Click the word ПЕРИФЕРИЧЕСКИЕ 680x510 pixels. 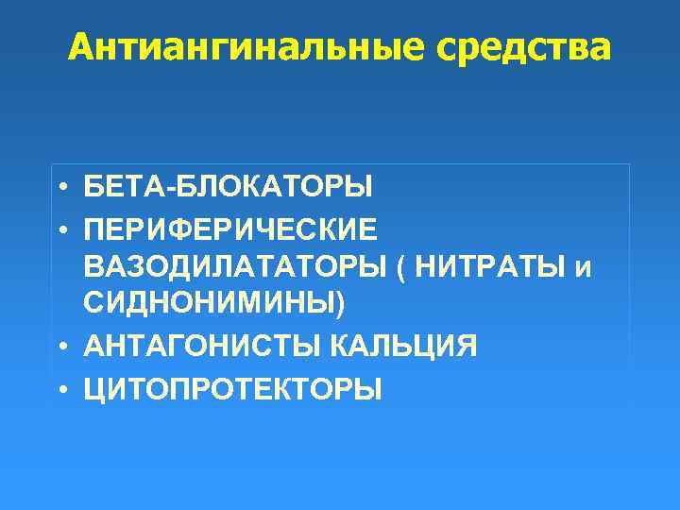coord(229,228)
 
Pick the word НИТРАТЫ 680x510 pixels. coord(490,266)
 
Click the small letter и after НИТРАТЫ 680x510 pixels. coord(583,268)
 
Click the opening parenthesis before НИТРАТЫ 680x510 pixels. coord(403,267)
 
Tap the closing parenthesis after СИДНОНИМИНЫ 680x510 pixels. coord(341,306)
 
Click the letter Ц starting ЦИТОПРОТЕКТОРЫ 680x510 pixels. coord(93,388)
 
